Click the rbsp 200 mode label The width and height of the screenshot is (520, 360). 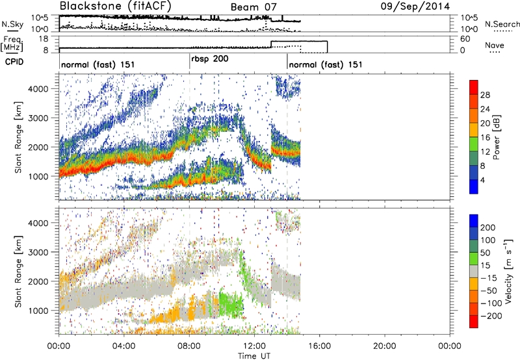(209, 58)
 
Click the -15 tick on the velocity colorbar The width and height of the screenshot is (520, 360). (489, 278)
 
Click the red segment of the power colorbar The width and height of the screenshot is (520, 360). (474, 87)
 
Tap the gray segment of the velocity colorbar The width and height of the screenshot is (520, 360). (474, 272)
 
